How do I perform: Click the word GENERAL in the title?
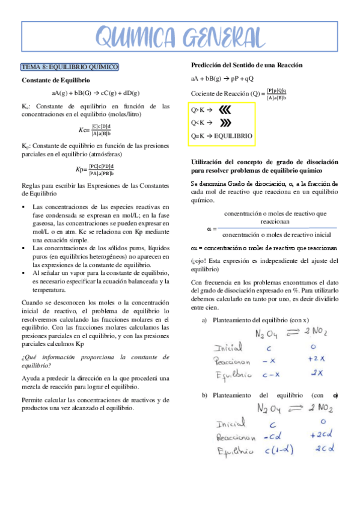click(x=222, y=37)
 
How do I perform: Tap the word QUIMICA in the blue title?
click(x=135, y=37)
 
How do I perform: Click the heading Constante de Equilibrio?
click(x=56, y=80)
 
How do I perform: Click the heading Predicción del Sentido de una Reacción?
click(x=246, y=65)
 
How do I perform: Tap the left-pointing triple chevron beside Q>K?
click(x=224, y=110)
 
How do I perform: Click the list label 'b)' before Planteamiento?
click(x=204, y=395)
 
